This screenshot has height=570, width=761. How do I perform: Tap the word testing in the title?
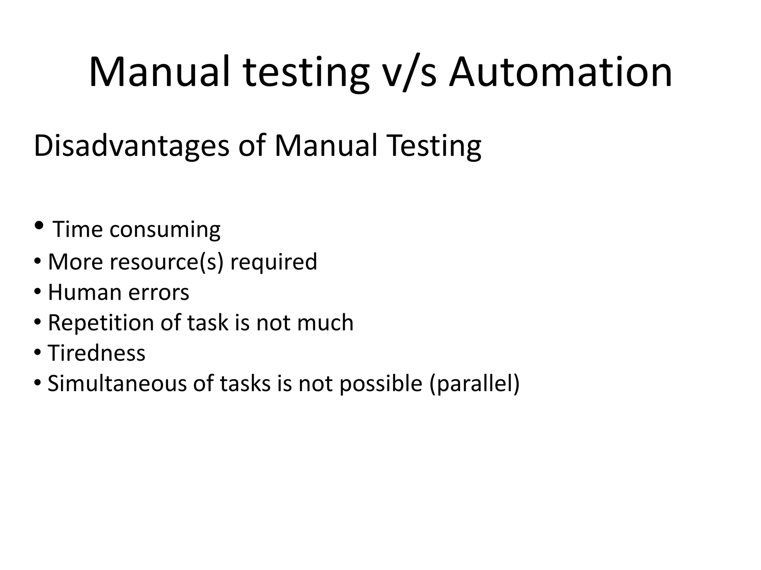point(307,73)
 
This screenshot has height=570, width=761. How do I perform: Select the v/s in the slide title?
point(409,73)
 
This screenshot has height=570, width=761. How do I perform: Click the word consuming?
point(165,230)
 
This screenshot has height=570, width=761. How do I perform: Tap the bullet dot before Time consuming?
point(39,225)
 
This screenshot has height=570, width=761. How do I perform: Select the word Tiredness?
point(97,353)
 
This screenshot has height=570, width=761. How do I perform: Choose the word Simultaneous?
point(117,383)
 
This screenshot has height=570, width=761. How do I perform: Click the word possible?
point(381,384)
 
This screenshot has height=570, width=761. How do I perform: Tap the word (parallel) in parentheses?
point(475,383)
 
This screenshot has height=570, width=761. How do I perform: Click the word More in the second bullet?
point(75,262)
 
